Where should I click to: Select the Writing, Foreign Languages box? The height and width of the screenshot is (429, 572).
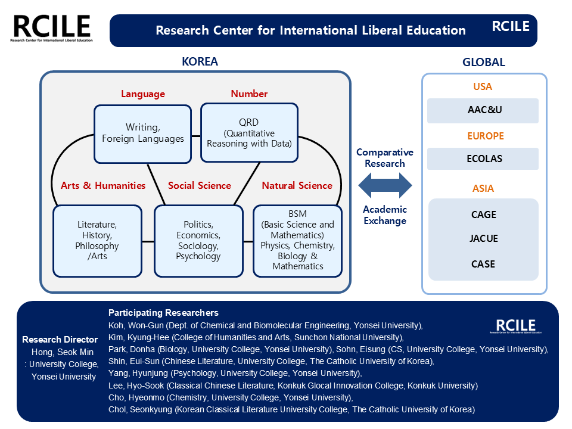[x=143, y=132]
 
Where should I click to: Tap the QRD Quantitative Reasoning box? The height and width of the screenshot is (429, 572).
[x=249, y=132]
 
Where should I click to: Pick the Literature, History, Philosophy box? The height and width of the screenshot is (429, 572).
[x=98, y=241]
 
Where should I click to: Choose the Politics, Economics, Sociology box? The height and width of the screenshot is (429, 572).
[x=198, y=241]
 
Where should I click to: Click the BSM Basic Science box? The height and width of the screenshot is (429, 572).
[x=297, y=241]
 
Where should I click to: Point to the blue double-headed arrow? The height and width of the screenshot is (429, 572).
[x=385, y=185]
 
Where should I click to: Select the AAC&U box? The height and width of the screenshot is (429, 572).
[x=483, y=110]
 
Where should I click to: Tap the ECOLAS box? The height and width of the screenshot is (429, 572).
[x=483, y=159]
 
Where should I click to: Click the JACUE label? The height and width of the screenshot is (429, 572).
[x=483, y=239]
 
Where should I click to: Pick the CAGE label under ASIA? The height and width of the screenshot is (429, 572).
[x=483, y=214]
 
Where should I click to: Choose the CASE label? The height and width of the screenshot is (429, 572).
[x=483, y=264]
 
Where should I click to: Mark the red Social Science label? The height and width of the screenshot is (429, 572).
[x=199, y=185]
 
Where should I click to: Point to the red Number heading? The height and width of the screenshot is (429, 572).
[x=249, y=94]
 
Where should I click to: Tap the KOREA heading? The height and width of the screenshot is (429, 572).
[x=200, y=62]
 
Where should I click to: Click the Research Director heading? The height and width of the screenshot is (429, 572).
[x=60, y=340]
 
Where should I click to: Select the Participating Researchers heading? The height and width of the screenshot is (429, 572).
[x=163, y=313]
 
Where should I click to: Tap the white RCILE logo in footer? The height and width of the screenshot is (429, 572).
[x=516, y=326]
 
